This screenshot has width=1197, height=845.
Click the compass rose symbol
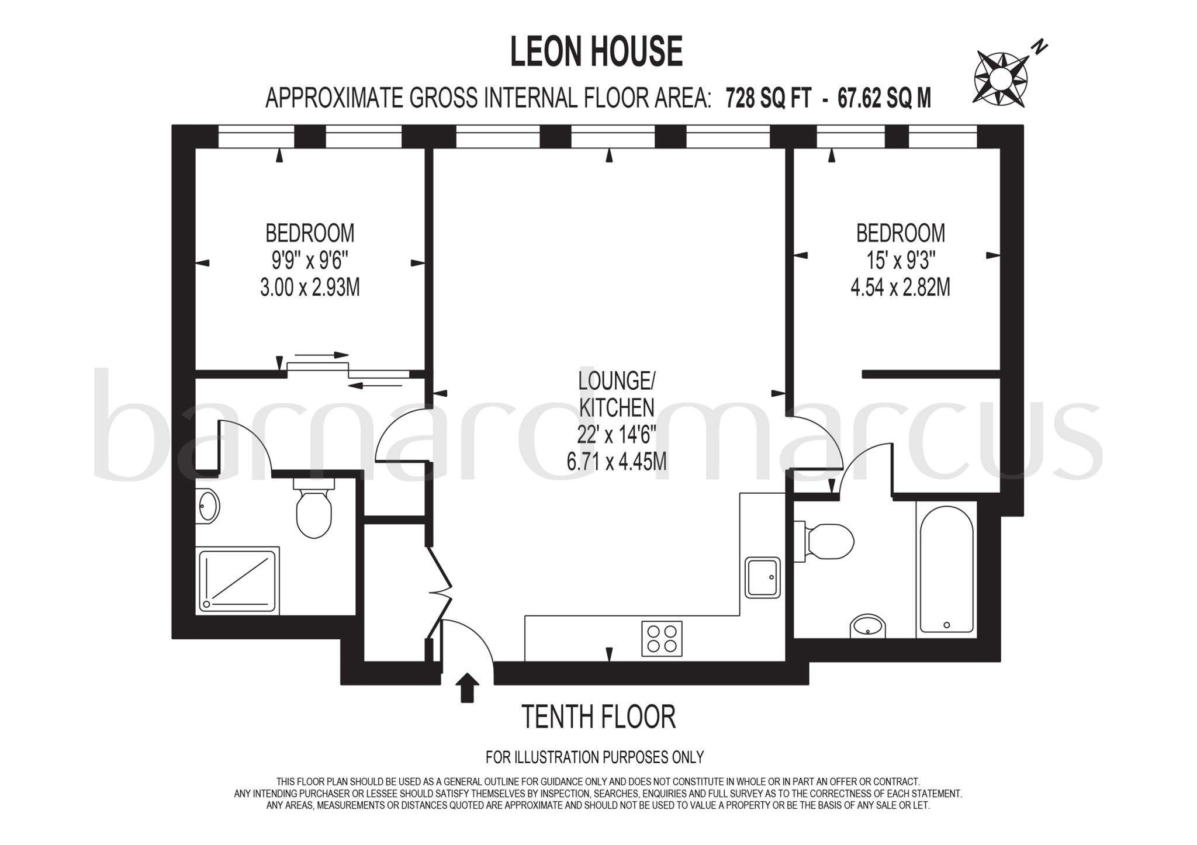(x=1001, y=78)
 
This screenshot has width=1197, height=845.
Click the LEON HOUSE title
(x=596, y=51)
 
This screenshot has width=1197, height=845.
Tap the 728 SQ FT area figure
(x=768, y=98)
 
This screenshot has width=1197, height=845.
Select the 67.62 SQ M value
(x=884, y=98)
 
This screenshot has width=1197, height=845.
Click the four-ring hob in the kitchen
(x=662, y=638)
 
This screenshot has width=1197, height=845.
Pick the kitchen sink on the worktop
(x=763, y=577)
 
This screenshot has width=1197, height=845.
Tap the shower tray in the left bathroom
(x=238, y=581)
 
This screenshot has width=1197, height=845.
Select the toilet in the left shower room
(x=314, y=508)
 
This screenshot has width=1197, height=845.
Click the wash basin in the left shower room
(x=207, y=505)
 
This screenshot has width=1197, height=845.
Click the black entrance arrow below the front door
(x=466, y=687)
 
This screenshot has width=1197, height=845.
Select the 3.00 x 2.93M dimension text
(x=310, y=288)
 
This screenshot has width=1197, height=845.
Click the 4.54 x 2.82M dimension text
(x=900, y=288)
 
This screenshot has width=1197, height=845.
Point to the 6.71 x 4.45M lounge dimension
(x=616, y=462)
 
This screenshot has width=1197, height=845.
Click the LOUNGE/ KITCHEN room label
(x=616, y=394)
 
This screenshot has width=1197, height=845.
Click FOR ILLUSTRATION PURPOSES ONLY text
(x=594, y=757)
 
